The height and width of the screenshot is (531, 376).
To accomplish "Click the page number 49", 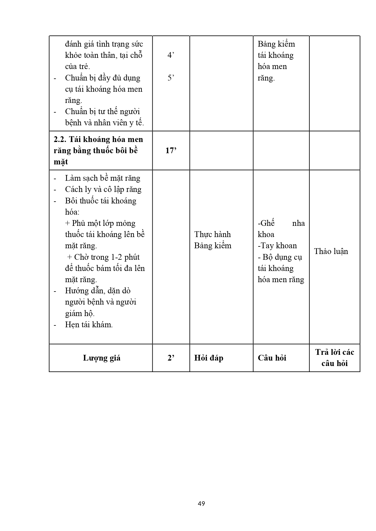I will [x=201, y=503].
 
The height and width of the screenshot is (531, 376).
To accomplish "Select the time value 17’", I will [x=171, y=150].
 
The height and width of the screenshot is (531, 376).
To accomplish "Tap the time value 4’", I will [x=171, y=55].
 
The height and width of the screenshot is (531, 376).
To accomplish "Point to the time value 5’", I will [x=171, y=78].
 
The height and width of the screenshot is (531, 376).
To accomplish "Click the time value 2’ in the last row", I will [x=171, y=358].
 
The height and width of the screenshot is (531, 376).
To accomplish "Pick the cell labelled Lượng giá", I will [x=101, y=358].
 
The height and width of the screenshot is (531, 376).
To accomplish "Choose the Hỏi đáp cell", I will [x=209, y=358].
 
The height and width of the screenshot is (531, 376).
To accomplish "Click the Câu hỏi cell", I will [x=272, y=358].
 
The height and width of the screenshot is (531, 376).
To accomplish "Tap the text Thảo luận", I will [x=331, y=251].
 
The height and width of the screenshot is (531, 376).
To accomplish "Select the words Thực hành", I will [x=212, y=234].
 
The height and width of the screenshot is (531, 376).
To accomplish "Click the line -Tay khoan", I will [x=277, y=246].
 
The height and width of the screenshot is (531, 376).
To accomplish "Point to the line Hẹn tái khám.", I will [x=89, y=325].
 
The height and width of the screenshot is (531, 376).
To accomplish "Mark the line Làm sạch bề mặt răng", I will [x=102, y=178].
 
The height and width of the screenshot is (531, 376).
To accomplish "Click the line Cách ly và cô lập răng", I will [x=103, y=190].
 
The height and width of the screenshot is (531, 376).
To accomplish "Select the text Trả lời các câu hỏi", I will [x=334, y=358].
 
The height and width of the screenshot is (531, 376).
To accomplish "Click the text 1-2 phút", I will [x=125, y=257].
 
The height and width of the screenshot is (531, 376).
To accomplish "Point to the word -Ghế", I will [x=266, y=223].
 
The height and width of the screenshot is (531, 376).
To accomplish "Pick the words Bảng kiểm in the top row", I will [x=276, y=44].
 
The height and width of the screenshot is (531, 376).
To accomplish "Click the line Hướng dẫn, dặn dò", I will [x=98, y=291].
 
